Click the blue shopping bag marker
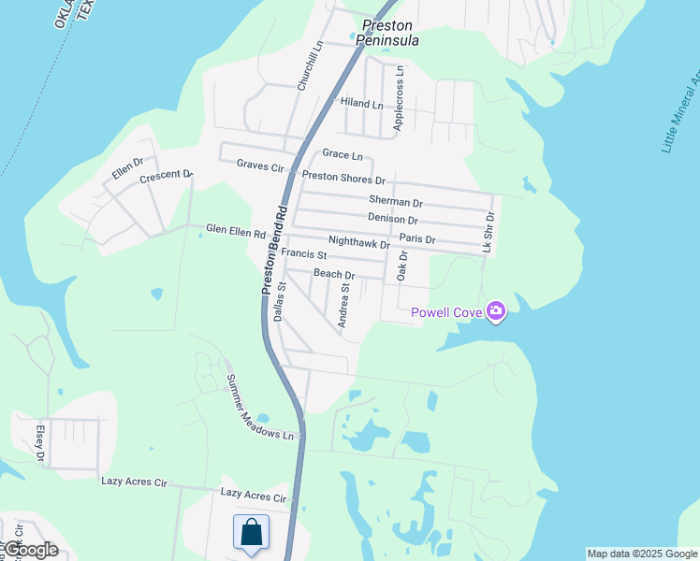point(251,534)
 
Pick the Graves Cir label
point(259,165)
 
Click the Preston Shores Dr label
point(343,179)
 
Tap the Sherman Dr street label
point(396,202)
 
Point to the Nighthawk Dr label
point(358,244)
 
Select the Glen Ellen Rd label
point(236,231)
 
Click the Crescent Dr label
point(165,177)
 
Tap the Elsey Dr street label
point(40,444)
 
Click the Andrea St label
point(344,305)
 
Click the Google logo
point(30,550)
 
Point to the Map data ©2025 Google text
point(642,554)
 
